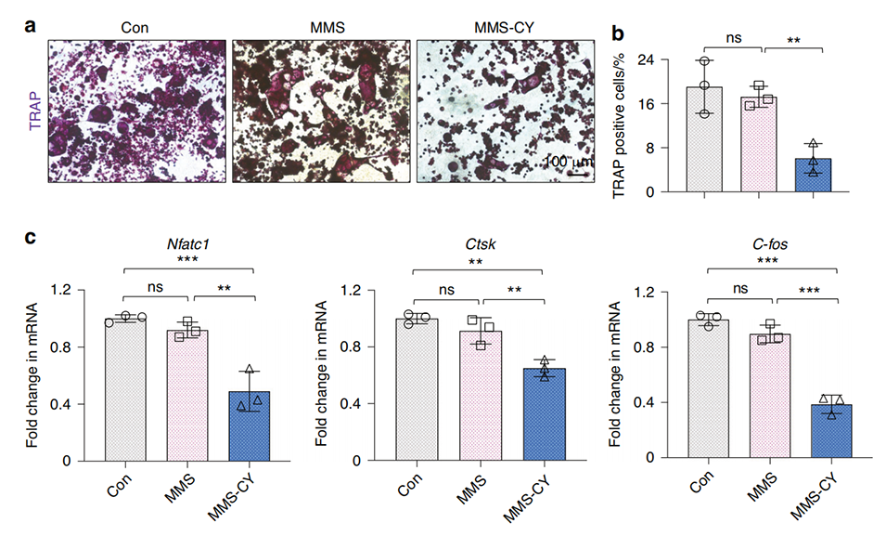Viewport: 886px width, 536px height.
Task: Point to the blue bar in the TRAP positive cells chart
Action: pos(814,175)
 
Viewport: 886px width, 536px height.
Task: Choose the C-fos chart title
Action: pos(772,245)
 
